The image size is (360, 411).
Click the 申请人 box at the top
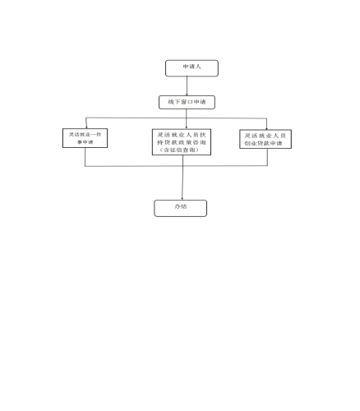coord(192,68)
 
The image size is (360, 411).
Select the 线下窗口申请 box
coord(187,102)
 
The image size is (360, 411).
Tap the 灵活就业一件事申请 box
coord(85,138)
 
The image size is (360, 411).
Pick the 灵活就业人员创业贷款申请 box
coord(265,139)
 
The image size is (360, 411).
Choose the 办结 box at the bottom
coord(181,208)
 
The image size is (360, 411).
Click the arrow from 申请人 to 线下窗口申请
coord(187,86)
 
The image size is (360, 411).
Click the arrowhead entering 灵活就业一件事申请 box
coord(86,127)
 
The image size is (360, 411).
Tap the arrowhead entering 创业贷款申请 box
coord(266,128)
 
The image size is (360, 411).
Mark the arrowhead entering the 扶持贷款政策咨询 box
coord(187,127)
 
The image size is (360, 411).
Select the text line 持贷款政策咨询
coord(182,142)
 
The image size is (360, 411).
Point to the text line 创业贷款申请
coord(263,143)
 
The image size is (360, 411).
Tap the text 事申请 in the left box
coord(85,142)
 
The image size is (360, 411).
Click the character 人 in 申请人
coord(198,67)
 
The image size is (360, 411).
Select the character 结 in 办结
coord(184,206)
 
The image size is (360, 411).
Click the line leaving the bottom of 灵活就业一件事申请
coord(85,157)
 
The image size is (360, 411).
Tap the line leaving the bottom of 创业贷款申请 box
coord(267,157)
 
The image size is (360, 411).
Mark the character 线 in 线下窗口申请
coord(171,102)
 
